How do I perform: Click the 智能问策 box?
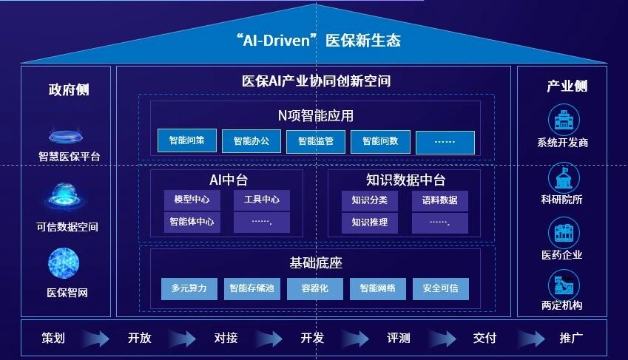point(186,140)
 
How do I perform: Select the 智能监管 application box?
point(316,140)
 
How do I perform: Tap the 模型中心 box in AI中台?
point(192,200)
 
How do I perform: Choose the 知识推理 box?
point(369,223)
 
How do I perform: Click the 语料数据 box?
point(439,200)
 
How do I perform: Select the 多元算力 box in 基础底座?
point(189,288)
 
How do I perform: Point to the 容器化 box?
point(315,288)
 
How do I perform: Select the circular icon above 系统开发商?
point(563,119)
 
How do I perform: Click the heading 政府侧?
point(68,89)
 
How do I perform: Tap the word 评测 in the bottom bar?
point(398,338)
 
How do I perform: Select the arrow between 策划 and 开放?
point(94,339)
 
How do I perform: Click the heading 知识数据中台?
point(405,180)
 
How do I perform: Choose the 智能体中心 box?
point(192,222)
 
